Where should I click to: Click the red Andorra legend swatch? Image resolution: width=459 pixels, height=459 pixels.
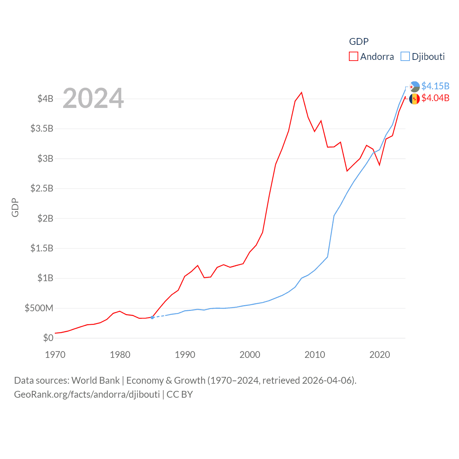[353, 57]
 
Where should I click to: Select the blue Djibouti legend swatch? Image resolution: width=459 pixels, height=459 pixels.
[405, 57]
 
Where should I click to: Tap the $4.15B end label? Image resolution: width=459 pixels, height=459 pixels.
[435, 86]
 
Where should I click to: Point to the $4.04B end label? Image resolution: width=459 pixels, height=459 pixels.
[435, 98]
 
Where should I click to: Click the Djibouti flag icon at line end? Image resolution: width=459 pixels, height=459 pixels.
[415, 87]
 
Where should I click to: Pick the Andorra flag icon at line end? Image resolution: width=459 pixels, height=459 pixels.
[415, 99]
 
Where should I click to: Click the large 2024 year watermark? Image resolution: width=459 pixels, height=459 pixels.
[93, 98]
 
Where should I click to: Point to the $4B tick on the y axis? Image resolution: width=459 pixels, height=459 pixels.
[45, 99]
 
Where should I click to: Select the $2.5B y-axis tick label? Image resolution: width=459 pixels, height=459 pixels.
[42, 188]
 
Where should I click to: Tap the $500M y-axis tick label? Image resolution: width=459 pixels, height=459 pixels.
[39, 308]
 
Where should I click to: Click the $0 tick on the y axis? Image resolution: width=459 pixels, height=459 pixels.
[48, 338]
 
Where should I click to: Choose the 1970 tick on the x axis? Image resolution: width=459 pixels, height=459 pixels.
[55, 355]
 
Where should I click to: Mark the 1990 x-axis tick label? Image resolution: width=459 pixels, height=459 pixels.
[185, 355]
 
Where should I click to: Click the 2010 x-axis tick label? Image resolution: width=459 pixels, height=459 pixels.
[315, 355]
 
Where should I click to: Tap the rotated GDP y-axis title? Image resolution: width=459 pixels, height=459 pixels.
[15, 207]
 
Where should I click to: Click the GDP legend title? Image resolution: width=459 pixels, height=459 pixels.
[359, 42]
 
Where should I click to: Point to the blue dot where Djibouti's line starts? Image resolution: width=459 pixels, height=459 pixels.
[152, 317]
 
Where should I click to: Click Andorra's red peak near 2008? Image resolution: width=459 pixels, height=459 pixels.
[302, 93]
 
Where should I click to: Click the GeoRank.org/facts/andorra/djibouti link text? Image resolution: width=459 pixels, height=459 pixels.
[87, 394]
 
